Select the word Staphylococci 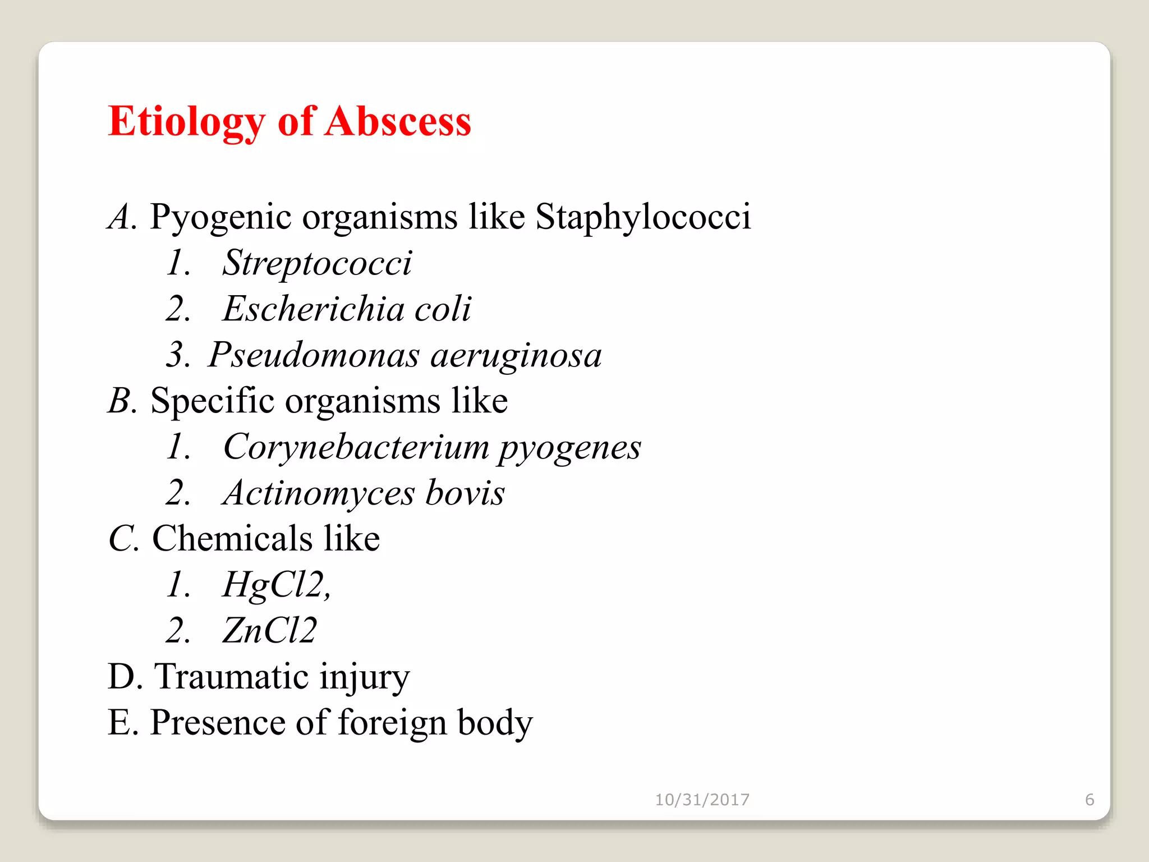643,217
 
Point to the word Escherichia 313,309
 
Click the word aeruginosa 516,356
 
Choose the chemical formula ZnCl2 269,631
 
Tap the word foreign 392,723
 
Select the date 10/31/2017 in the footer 702,799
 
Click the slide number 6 1090,799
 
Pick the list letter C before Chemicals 122,539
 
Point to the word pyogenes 569,448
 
